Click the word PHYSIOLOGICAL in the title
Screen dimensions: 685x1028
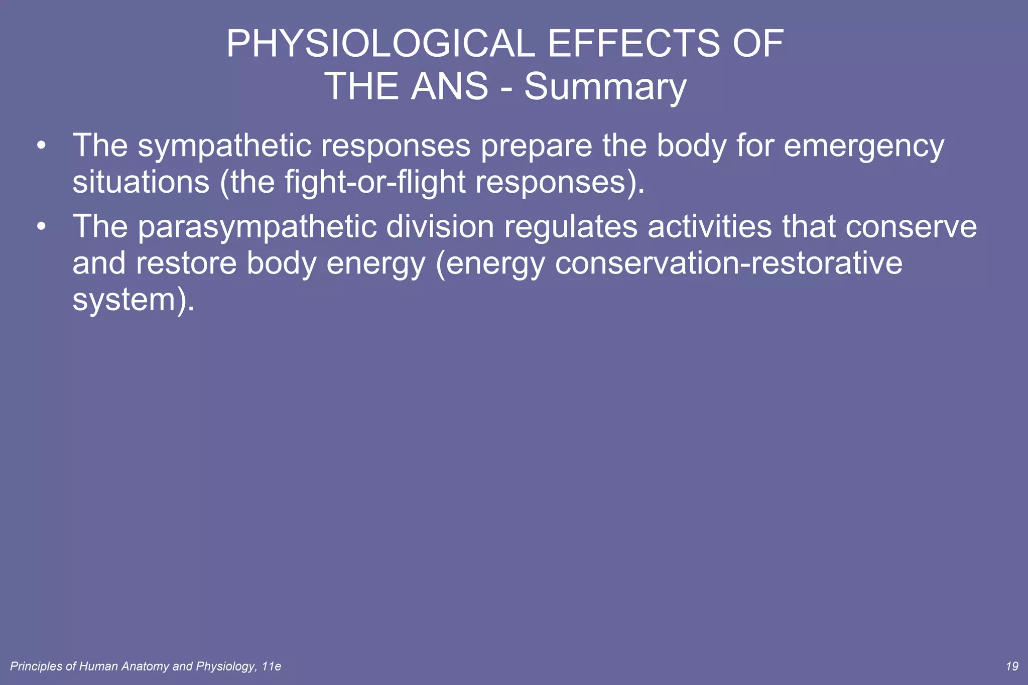(380, 44)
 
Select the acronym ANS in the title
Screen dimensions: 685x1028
(449, 86)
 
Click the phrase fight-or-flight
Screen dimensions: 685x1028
(375, 182)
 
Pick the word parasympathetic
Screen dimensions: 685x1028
(257, 227)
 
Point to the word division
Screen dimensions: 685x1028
(440, 226)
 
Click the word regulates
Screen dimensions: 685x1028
(571, 227)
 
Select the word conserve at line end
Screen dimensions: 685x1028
(911, 227)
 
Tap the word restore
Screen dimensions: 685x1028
(186, 263)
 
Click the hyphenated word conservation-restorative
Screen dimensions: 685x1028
(728, 263)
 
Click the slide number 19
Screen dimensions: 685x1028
(1012, 666)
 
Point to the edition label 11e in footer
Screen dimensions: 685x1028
(272, 666)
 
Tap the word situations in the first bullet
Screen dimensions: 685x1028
(141, 182)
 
